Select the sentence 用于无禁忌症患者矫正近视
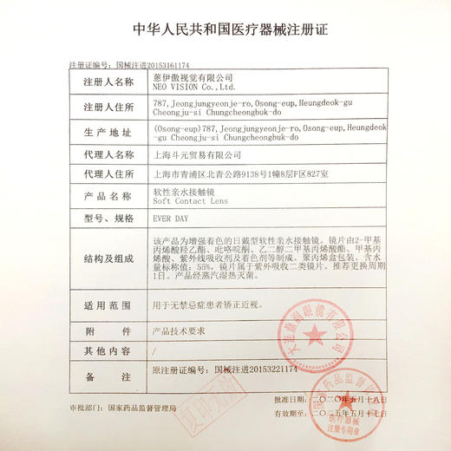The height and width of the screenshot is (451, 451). point(211,306)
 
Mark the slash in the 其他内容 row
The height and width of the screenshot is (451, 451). point(154,350)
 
